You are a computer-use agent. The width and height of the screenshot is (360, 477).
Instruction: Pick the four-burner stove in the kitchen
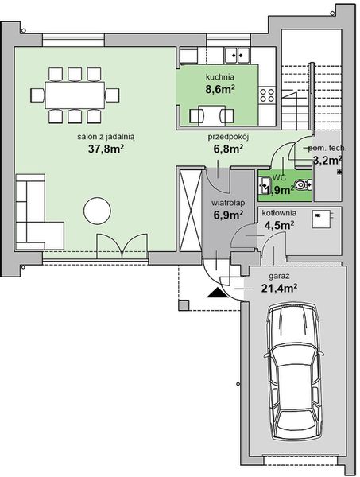(267, 96)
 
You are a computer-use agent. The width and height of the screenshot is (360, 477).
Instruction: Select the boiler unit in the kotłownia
(321, 217)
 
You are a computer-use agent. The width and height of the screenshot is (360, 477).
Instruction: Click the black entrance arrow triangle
(215, 293)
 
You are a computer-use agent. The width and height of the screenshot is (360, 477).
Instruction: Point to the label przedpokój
(229, 136)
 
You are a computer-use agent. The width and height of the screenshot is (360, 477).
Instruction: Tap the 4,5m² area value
(279, 225)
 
